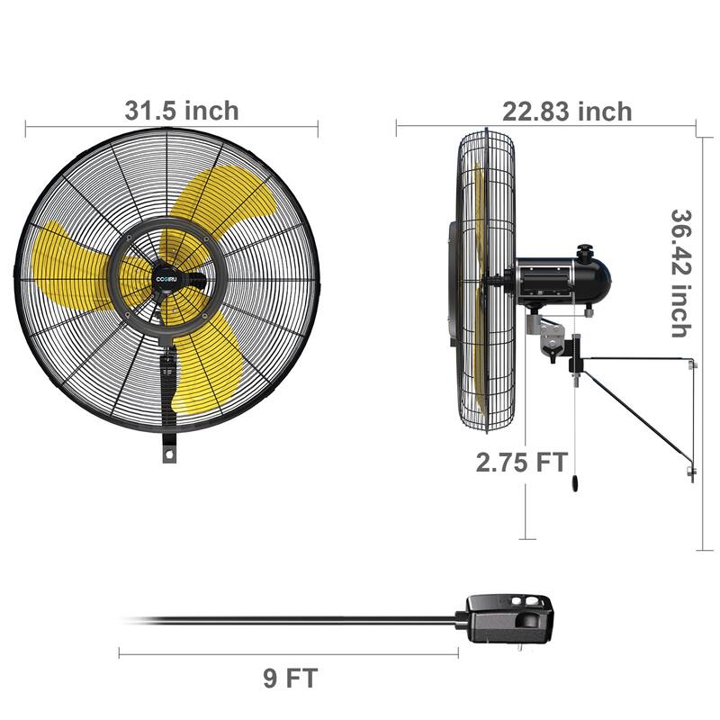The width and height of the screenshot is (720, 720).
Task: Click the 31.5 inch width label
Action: pos(182,111)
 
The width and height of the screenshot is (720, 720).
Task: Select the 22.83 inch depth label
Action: pos(567,112)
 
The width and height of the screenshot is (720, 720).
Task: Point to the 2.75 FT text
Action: pos(522,463)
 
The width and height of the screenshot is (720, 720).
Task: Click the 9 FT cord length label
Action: pos(291,678)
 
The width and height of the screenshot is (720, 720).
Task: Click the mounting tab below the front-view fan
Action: pos(168,449)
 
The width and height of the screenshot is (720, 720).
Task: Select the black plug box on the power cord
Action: pos(508,620)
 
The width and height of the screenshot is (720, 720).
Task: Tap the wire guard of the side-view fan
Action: pos(486,279)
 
